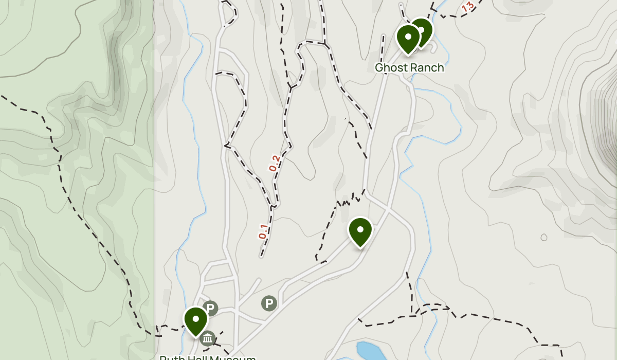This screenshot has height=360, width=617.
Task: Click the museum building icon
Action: (208, 338)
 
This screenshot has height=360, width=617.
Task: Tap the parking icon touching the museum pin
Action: (210, 309)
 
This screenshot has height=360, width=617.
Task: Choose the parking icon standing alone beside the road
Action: (268, 303)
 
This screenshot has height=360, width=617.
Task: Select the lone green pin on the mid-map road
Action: (360, 232)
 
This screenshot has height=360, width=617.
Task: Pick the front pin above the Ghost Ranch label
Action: (408, 39)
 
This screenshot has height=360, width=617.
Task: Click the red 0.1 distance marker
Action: (263, 232)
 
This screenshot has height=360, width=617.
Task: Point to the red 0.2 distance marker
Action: (274, 164)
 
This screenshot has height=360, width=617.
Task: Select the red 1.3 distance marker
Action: (467, 8)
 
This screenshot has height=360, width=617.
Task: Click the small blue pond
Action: (370, 351)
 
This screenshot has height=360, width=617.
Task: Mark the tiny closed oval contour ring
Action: (544, 237)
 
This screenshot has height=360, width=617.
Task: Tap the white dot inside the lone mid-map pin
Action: (360, 229)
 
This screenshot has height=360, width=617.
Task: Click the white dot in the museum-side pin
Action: (196, 318)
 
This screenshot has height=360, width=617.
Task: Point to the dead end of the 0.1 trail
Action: (261, 256)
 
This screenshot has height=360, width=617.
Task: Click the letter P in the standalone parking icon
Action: (268, 303)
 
